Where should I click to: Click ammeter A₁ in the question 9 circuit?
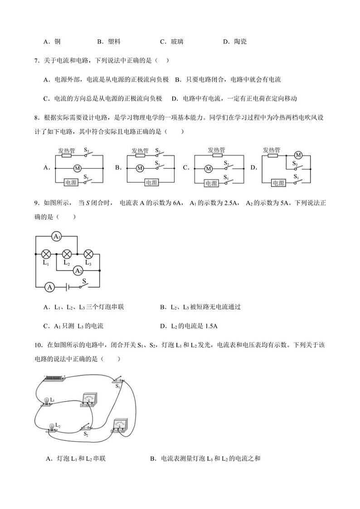coord(56,237)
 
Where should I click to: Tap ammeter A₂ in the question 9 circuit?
coord(78,271)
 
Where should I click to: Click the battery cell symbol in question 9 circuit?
coord(67,286)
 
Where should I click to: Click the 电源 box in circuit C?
coord(211,183)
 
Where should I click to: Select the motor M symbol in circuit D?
coord(298,155)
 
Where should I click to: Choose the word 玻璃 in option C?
coord(177,42)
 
